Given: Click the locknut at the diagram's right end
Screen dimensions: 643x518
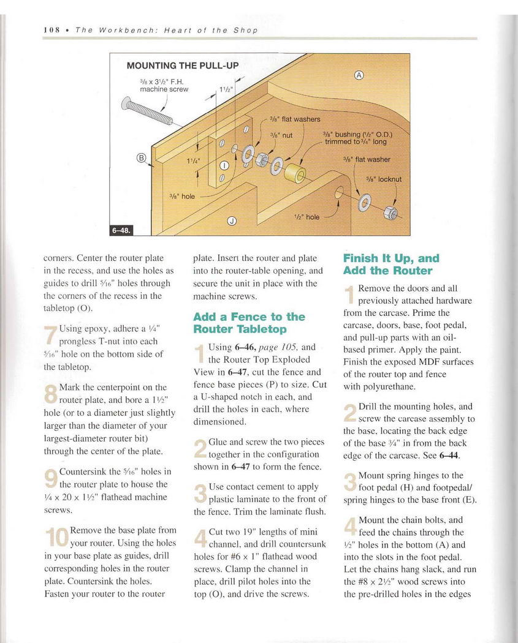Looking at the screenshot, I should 388,213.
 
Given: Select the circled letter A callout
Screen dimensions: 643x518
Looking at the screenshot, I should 359,75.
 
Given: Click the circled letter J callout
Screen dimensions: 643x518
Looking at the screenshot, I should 232,221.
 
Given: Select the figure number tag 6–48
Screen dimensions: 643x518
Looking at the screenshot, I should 121,230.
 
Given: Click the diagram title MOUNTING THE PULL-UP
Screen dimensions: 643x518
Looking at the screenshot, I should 182,66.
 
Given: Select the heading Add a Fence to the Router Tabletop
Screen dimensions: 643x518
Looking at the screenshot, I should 248,323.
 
